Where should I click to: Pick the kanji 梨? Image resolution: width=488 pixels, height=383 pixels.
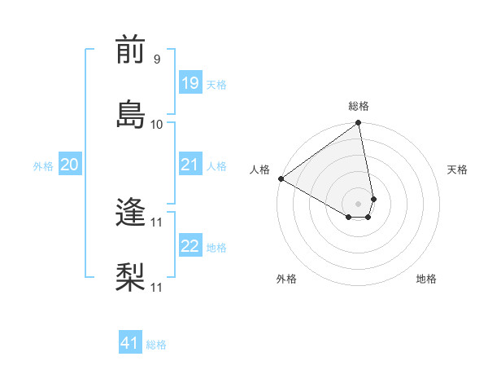pos(131,277)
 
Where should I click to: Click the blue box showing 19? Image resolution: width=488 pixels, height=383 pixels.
pos(190,82)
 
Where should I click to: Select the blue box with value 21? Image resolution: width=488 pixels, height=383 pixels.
pos(190,165)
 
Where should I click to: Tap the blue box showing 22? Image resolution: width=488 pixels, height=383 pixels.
pos(190,247)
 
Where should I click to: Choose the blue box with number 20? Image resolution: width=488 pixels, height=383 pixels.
pos(69,165)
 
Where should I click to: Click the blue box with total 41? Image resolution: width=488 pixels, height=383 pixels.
pos(130,343)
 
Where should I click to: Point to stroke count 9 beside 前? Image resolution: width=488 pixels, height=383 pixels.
pos(156,59)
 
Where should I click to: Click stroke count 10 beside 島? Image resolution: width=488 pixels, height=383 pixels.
pos(157,124)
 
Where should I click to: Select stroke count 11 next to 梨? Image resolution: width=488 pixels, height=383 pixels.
pos(157,288)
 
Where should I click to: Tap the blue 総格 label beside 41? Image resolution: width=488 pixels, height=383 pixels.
pos(156,345)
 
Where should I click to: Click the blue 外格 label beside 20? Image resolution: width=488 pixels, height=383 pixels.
pos(43,166)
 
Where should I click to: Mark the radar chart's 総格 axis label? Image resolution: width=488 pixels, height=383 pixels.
pos(359,106)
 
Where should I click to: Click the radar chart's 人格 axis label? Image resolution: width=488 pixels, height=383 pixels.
pos(260,169)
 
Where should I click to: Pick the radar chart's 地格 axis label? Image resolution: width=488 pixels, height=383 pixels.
pos(426,280)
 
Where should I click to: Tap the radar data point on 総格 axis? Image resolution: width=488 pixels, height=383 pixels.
pos(359,124)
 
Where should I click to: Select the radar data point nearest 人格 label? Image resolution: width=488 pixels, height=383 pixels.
pos(281,178)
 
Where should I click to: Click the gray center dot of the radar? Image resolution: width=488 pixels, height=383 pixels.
pos(359,203)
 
